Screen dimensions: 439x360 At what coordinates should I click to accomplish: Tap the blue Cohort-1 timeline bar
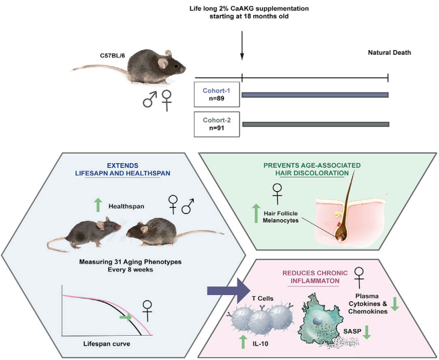coord(315,95)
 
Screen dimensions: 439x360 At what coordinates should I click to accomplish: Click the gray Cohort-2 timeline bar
coord(316,124)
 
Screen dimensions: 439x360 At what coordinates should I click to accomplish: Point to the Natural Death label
coord(389,53)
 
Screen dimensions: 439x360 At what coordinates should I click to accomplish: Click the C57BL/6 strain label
coord(113,56)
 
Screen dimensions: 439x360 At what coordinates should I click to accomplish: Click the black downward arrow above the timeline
coord(242,45)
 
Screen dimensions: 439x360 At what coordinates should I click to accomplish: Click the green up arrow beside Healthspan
coord(98,205)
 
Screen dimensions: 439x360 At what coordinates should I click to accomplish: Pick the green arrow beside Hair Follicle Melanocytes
coord(256,213)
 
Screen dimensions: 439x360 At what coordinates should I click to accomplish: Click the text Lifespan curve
coord(107,344)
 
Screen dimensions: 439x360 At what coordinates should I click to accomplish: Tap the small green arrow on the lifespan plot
coord(125,317)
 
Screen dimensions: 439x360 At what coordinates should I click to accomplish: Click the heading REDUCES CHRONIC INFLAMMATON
coord(315,277)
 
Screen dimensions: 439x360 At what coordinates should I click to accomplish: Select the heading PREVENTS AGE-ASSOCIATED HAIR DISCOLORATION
coord(312,169)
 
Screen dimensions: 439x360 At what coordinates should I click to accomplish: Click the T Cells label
coord(262,299)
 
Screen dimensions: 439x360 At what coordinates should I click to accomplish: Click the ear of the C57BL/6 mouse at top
coord(163,63)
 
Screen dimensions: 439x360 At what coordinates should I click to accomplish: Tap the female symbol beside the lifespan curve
coord(147,310)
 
